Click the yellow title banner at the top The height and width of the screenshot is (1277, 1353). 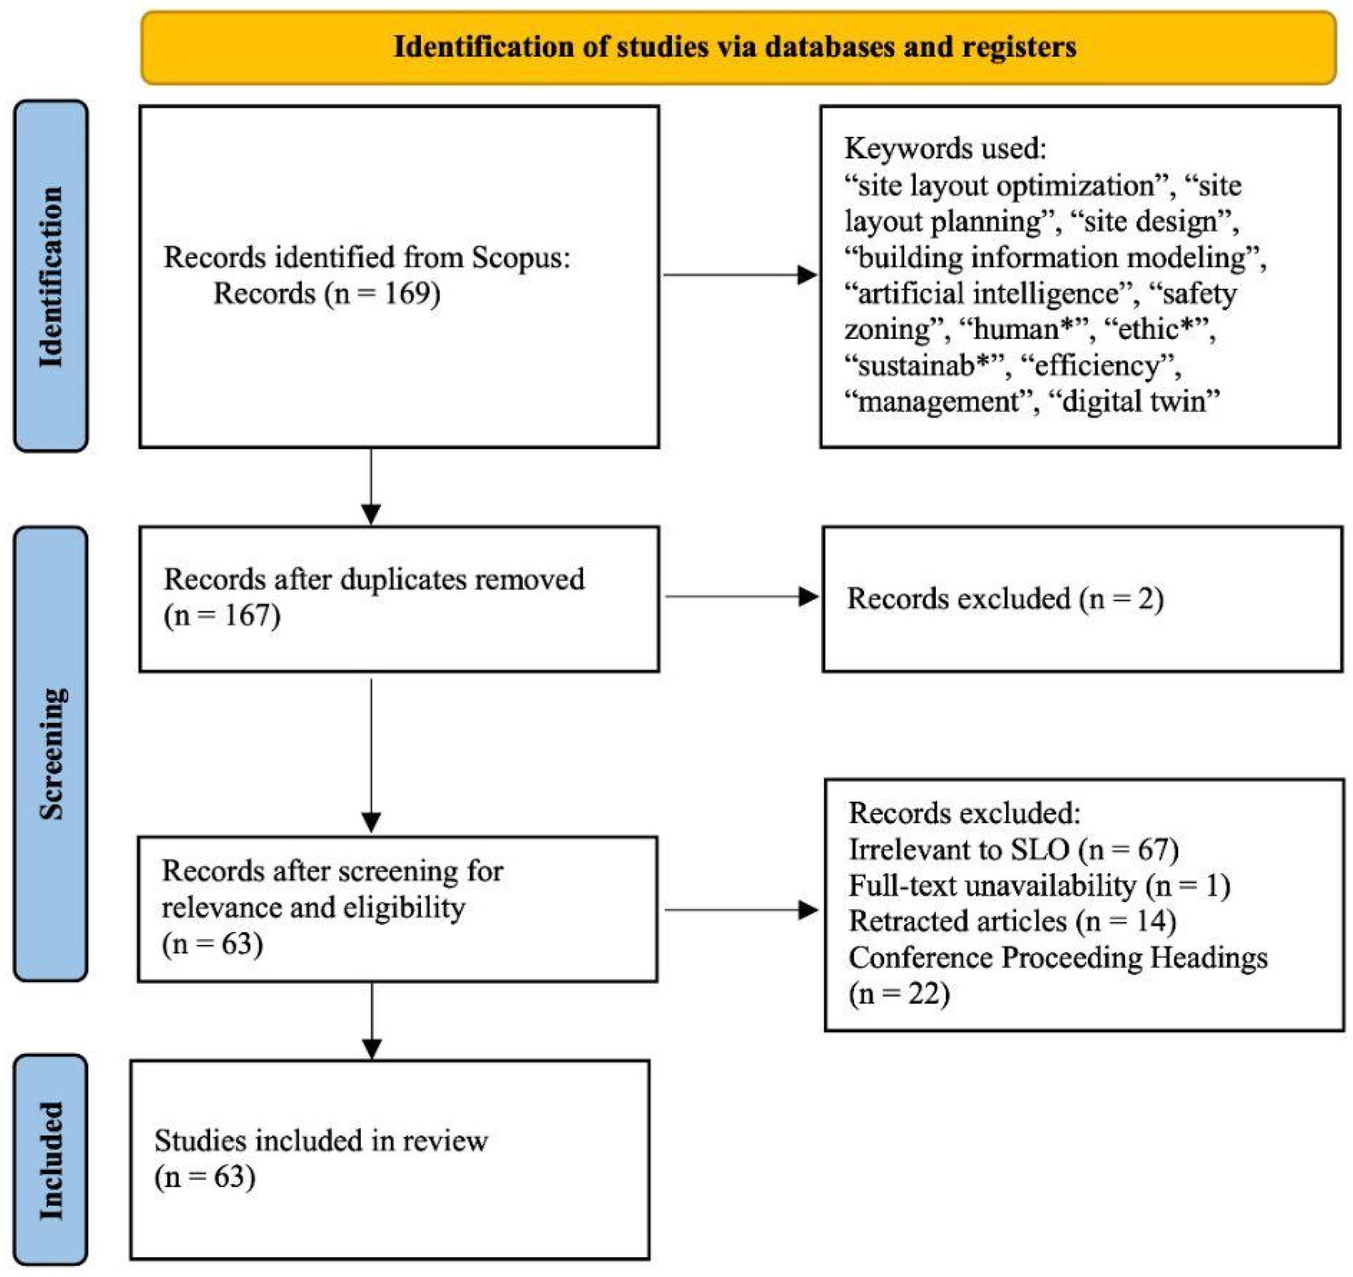pyautogui.click(x=738, y=48)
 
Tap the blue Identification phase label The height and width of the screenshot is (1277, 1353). pyautogui.click(x=51, y=276)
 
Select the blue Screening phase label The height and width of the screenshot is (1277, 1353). pyautogui.click(x=51, y=753)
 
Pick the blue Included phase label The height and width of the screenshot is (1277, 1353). pyautogui.click(x=51, y=1161)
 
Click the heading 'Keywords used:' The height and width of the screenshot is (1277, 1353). pyautogui.click(x=945, y=147)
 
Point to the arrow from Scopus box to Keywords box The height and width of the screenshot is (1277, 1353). pyautogui.click(x=740, y=275)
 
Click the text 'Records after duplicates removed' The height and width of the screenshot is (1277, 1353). pyautogui.click(x=374, y=579)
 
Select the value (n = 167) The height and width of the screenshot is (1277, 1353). pyautogui.click(x=222, y=615)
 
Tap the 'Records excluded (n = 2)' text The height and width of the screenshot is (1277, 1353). pyautogui.click(x=1005, y=599)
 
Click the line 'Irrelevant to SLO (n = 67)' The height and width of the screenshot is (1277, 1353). pyautogui.click(x=1014, y=849)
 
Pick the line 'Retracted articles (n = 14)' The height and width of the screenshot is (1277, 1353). pyautogui.click(x=1012, y=921)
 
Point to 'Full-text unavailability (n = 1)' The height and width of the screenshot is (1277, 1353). pyautogui.click(x=1039, y=885)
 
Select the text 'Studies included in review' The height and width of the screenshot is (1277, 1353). pyautogui.click(x=321, y=1141)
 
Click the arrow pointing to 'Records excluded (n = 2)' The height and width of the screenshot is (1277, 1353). pyautogui.click(x=742, y=597)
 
